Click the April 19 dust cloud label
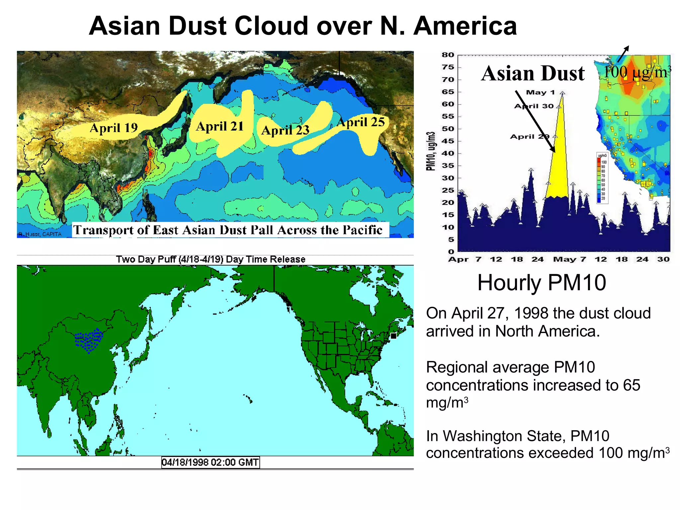[x=114, y=128]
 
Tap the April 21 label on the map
[x=220, y=126]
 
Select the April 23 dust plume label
[x=285, y=130]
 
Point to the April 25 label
[x=361, y=122]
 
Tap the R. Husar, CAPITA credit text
[x=40, y=234]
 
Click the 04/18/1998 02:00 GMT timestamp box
[x=210, y=462]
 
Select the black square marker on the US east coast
[x=393, y=336]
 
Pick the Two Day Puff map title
[x=211, y=259]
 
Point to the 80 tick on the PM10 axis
[x=448, y=55]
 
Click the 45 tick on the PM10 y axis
[x=448, y=141]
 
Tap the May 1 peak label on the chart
[x=540, y=92]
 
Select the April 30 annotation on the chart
[x=534, y=106]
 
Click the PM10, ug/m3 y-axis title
[x=431, y=151]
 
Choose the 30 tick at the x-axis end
[x=663, y=259]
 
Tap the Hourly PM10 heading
[x=542, y=283]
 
